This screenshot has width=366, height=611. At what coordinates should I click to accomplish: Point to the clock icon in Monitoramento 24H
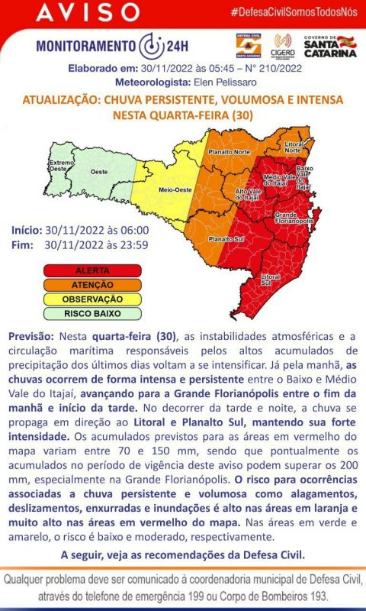point(153,44)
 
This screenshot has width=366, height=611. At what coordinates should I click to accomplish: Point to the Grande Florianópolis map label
point(294,218)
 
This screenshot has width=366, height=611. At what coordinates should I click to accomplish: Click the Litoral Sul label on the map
point(270,280)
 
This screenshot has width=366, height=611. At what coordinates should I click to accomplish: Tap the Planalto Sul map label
point(226,239)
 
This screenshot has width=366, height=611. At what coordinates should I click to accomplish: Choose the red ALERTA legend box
point(92,270)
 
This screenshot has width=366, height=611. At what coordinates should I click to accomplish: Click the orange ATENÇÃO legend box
point(92,284)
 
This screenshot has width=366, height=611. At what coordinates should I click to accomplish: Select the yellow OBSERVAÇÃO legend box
point(92,299)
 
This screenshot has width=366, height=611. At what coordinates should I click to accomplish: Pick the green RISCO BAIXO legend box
point(92,313)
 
